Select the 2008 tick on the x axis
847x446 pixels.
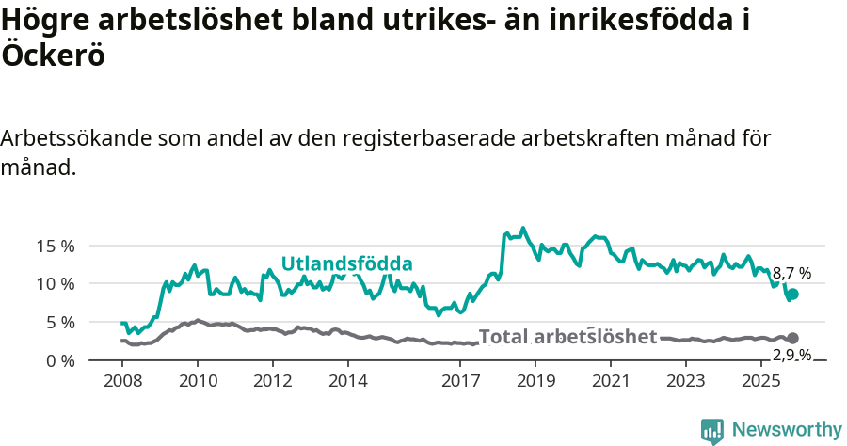[122, 381]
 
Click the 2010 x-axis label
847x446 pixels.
[198, 381]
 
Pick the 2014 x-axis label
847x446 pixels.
[348, 381]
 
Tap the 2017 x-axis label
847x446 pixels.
[461, 381]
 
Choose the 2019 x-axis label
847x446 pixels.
[535, 381]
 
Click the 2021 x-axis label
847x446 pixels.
[611, 381]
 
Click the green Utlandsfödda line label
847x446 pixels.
[347, 263]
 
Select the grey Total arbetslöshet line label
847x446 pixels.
[567, 337]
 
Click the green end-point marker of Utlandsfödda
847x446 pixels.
[792, 295]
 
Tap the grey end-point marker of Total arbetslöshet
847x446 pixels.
[792, 338]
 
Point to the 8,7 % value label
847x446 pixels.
[791, 274]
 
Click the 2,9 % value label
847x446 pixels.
[791, 355]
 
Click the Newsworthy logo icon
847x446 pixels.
[712, 430]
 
